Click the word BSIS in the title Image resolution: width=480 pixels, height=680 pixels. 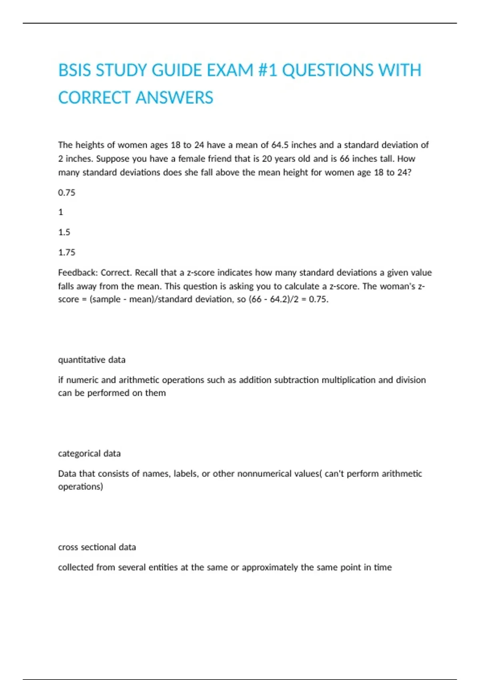(x=75, y=70)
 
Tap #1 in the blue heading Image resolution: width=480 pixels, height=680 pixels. (x=268, y=70)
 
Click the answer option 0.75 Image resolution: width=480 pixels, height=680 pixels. (x=66, y=192)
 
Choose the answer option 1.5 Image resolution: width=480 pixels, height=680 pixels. (x=64, y=232)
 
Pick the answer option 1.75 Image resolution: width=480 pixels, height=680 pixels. (x=66, y=252)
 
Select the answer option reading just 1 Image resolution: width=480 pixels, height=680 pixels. (x=61, y=212)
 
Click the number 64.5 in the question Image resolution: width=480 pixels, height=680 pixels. (x=280, y=145)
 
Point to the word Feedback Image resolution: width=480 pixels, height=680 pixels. (x=78, y=272)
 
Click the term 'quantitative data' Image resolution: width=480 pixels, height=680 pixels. (x=92, y=360)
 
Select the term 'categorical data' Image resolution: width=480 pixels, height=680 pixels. (x=89, y=453)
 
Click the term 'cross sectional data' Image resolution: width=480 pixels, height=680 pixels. (x=97, y=547)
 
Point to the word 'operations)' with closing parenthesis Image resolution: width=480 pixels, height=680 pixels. (x=80, y=487)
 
